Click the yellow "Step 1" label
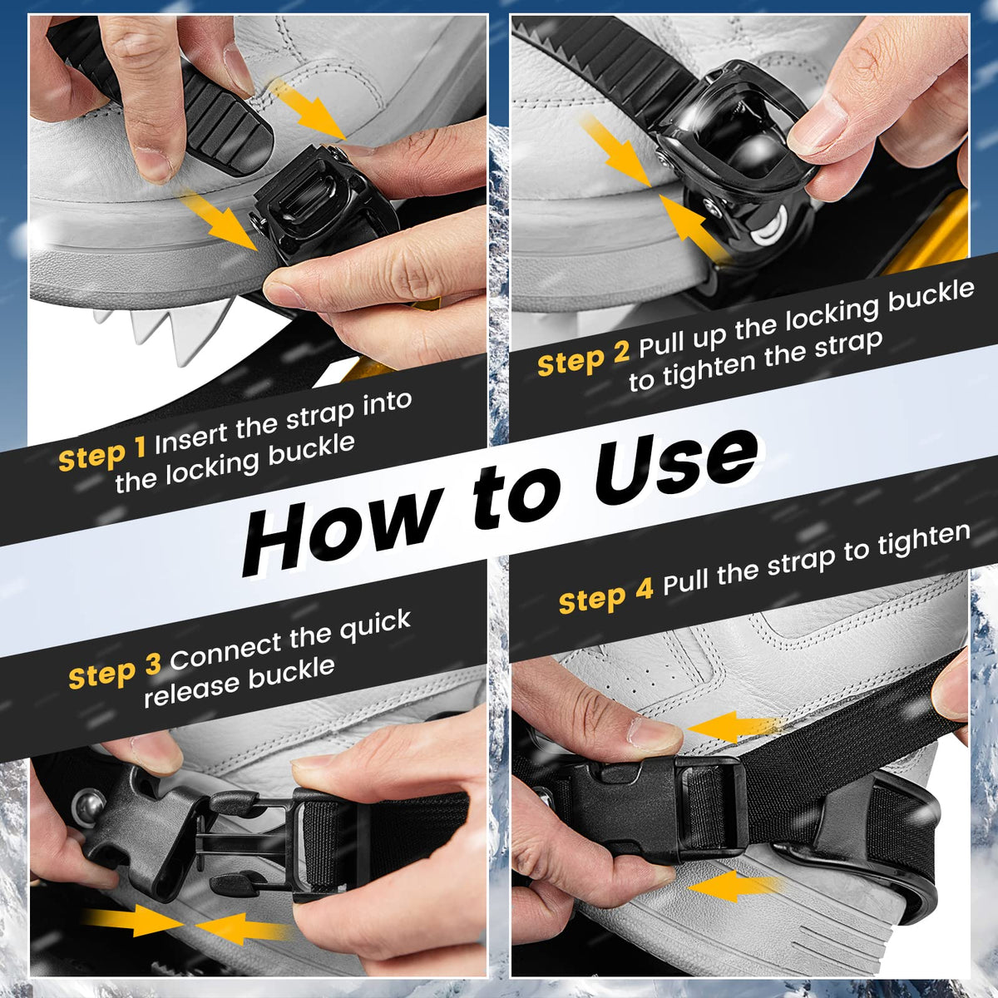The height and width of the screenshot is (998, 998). coord(102,456)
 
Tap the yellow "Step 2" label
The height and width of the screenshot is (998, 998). coord(583,358)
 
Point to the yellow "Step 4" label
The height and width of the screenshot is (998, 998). coord(606,596)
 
